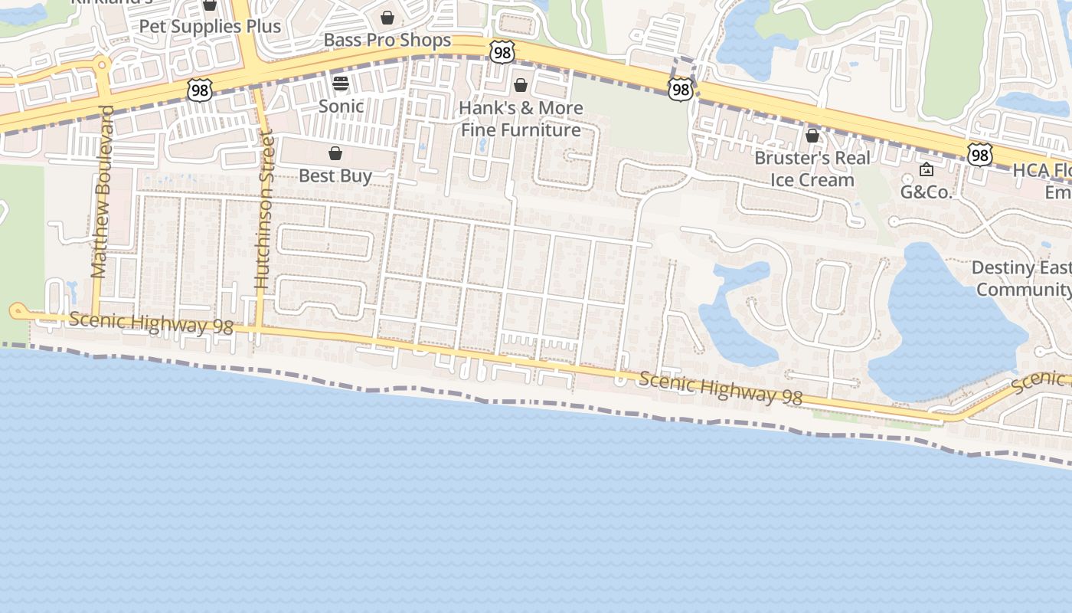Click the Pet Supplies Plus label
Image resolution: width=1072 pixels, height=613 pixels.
[x=210, y=26]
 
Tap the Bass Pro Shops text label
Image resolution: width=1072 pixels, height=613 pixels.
[x=387, y=40]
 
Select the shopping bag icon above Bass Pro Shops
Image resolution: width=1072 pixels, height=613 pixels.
[x=387, y=18]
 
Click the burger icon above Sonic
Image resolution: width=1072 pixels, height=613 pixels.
[x=341, y=84]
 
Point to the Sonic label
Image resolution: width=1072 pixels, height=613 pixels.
[x=341, y=106]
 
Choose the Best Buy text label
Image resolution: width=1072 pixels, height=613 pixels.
[x=335, y=175]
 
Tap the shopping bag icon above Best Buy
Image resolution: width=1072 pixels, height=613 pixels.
[x=335, y=154]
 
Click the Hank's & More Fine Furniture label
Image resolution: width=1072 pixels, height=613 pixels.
[x=521, y=119]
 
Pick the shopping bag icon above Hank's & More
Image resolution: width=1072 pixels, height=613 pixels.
[x=521, y=85]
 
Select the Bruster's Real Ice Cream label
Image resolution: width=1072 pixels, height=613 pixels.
[x=812, y=169]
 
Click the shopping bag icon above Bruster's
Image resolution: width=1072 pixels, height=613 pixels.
[x=812, y=136]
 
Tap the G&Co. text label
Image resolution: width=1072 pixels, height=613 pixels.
[x=926, y=192]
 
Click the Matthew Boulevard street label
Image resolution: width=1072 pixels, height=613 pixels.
[x=102, y=192]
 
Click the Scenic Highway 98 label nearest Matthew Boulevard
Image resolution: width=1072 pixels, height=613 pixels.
[x=151, y=323]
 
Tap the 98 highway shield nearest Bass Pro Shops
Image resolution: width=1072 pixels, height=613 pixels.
[x=502, y=52]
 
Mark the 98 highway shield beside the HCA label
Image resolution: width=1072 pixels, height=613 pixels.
[x=979, y=155]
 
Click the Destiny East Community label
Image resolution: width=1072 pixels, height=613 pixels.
[x=1022, y=279]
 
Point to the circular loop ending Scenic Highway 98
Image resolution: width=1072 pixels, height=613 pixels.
[x=17, y=310]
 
